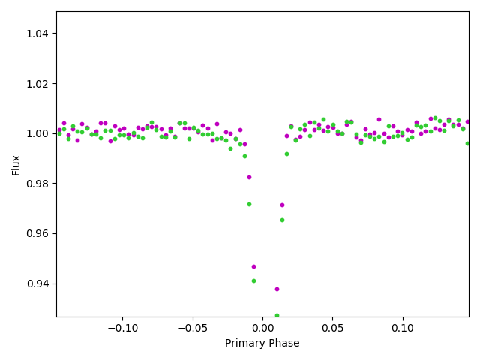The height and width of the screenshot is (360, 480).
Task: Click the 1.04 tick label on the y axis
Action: coord(39,34)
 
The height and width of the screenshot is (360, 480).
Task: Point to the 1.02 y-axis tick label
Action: coord(39,84)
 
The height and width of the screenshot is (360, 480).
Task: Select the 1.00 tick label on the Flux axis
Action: coord(39,133)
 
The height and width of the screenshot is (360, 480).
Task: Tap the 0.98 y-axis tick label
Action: coord(39,184)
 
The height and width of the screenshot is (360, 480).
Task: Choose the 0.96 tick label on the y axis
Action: coord(39,233)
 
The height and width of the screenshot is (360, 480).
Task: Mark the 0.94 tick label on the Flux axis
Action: coord(39,283)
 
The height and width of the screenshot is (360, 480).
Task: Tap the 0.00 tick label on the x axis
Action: coord(262,328)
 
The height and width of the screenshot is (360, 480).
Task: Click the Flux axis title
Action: coord(16,165)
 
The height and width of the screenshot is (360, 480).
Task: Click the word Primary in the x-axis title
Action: coord(245,343)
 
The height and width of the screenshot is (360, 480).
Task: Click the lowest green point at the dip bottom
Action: coord(277,316)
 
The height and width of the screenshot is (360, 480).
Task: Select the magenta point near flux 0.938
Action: coord(277,289)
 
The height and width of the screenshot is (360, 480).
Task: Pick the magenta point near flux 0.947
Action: coord(253,266)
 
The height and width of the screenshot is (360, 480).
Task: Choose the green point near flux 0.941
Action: coord(253,280)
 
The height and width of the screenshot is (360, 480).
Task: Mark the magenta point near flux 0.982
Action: coord(249,177)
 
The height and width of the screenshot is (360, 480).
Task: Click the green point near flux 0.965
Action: coord(282,220)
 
